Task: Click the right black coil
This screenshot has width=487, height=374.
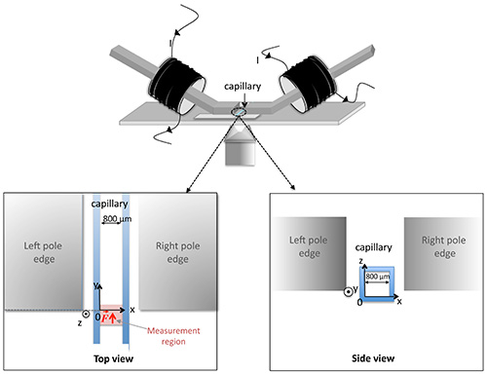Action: click(307, 84)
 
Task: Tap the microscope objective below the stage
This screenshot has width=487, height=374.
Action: click(241, 147)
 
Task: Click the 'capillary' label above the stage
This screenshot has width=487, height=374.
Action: click(243, 87)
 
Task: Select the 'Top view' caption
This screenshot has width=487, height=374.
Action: click(113, 358)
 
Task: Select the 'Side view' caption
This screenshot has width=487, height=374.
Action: click(373, 358)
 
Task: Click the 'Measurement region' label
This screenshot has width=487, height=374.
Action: click(173, 336)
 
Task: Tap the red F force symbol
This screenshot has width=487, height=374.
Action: click(104, 318)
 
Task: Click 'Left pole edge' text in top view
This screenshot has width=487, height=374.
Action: click(43, 252)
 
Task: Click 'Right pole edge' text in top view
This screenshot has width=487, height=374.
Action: click(177, 252)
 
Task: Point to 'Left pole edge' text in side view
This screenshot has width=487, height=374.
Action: click(309, 246)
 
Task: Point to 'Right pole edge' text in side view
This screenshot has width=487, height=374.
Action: click(443, 246)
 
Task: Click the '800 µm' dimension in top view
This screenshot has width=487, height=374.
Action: click(117, 219)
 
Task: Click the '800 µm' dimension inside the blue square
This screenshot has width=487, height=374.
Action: click(378, 277)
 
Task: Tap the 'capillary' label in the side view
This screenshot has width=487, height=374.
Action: click(373, 247)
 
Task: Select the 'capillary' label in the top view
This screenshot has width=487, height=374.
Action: click(109, 204)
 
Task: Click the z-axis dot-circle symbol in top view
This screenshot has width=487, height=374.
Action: click(86, 314)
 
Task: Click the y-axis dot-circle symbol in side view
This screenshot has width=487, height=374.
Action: click(348, 292)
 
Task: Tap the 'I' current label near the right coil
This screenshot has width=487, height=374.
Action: click(257, 60)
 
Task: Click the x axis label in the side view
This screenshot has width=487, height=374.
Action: click(399, 302)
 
